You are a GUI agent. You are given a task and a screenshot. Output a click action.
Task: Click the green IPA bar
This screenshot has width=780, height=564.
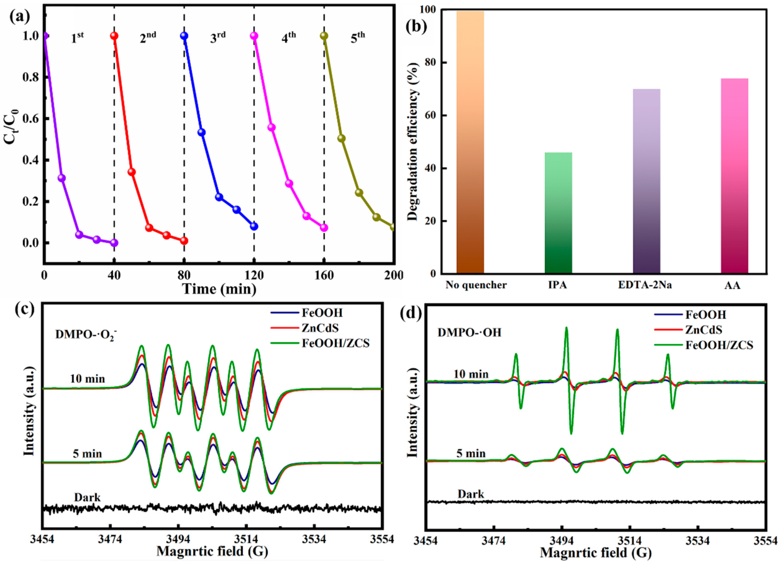tap(558, 213)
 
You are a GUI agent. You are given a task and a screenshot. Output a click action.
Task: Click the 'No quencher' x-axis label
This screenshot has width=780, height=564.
tap(476, 285)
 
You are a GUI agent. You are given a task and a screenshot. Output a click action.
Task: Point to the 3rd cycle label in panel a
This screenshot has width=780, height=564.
tap(218, 37)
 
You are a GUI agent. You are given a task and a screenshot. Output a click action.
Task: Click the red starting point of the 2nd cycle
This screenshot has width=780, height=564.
tap(114, 36)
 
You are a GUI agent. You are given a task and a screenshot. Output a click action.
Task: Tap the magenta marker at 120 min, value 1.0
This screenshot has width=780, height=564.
tap(254, 36)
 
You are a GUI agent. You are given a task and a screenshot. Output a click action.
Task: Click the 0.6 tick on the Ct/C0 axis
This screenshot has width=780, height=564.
tap(31, 119)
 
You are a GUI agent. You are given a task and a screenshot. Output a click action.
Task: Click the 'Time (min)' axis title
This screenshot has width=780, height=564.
tap(219, 289)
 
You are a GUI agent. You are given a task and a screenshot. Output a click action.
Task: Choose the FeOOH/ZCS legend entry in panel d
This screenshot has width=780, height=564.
tap(719, 345)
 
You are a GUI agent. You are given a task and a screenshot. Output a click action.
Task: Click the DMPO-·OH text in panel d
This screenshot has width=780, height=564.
tap(469, 333)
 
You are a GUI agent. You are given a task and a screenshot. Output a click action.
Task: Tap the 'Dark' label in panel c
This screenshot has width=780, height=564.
tap(87, 497)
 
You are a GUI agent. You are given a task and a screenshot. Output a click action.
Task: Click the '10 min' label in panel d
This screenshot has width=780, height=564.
tap(471, 374)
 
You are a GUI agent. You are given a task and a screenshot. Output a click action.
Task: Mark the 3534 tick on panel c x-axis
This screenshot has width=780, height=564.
tap(313, 540)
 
